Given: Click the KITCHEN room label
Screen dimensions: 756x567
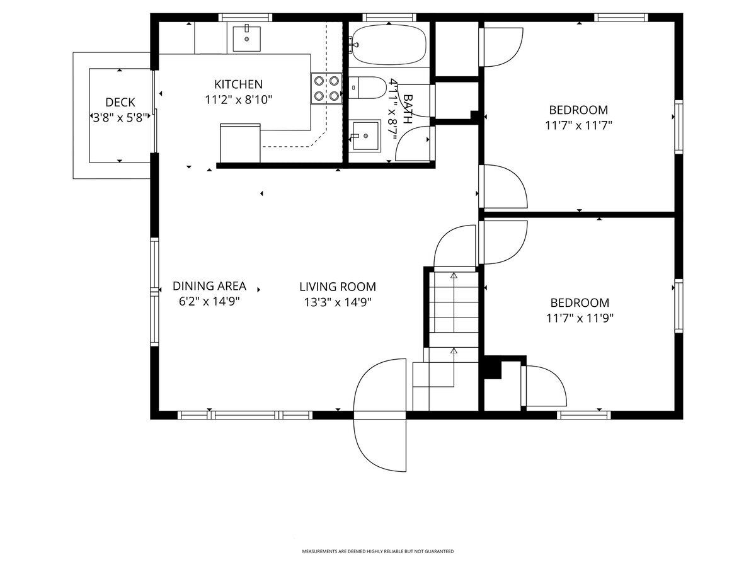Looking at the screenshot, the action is pos(238,84).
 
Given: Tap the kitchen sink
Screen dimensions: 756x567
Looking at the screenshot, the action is pos(246,38).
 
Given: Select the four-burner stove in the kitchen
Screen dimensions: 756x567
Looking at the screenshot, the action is pos(326,88).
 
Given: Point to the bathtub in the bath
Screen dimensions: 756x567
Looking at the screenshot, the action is pos(388,45).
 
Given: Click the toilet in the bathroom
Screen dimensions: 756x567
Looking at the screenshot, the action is pos(367,88).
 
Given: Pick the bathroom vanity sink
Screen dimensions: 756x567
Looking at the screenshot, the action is pos(364,136).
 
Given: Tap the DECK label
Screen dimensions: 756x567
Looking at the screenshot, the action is pos(120,102).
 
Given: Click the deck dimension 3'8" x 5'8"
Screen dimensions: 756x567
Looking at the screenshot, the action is pos(120,118).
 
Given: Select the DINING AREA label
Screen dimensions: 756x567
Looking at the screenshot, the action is pos(209,286).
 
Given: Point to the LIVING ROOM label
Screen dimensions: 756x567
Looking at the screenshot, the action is pos(338,287).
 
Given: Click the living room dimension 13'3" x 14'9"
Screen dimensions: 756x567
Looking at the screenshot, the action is pos(338,302).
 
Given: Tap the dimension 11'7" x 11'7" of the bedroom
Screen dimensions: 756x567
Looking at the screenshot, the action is pos(578,125).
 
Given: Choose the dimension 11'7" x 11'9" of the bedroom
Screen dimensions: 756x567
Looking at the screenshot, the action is pos(580,318).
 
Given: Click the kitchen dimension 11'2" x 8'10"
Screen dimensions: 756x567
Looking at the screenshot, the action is pos(238,100).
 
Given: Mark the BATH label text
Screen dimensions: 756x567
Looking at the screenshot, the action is pos(408,109).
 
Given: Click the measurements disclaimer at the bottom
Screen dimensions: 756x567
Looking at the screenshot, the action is pos(378,551).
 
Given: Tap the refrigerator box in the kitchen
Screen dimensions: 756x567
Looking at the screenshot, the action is pos(240,143).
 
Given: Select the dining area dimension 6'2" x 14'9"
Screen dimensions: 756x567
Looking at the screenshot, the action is pos(209,302).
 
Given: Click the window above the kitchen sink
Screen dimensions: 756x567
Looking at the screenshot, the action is pos(245,18).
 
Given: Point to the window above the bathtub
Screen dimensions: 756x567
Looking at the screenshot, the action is pos(389,18).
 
